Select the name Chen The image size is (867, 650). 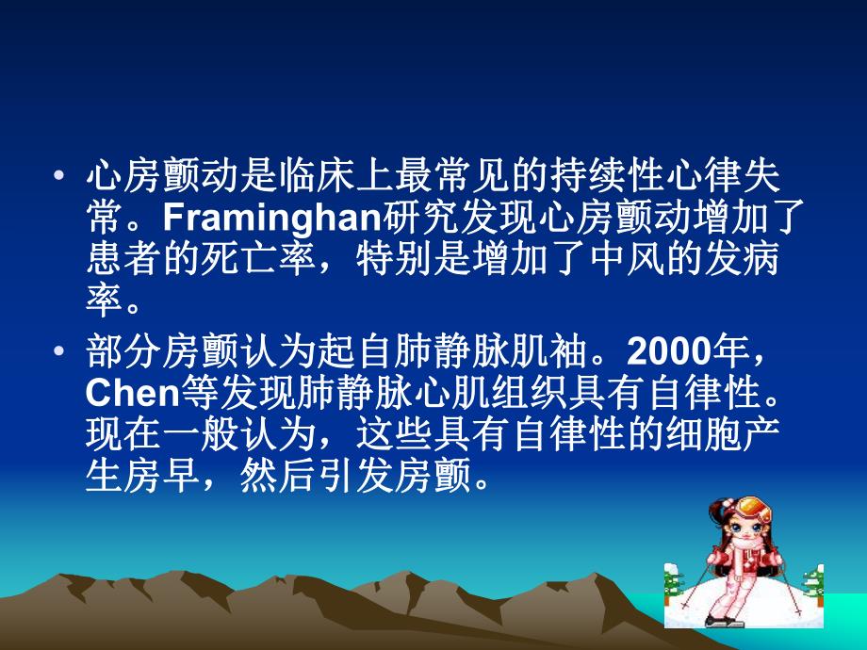click(124, 391)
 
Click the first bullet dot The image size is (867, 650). click(60, 176)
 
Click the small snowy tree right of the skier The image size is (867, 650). click(813, 584)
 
